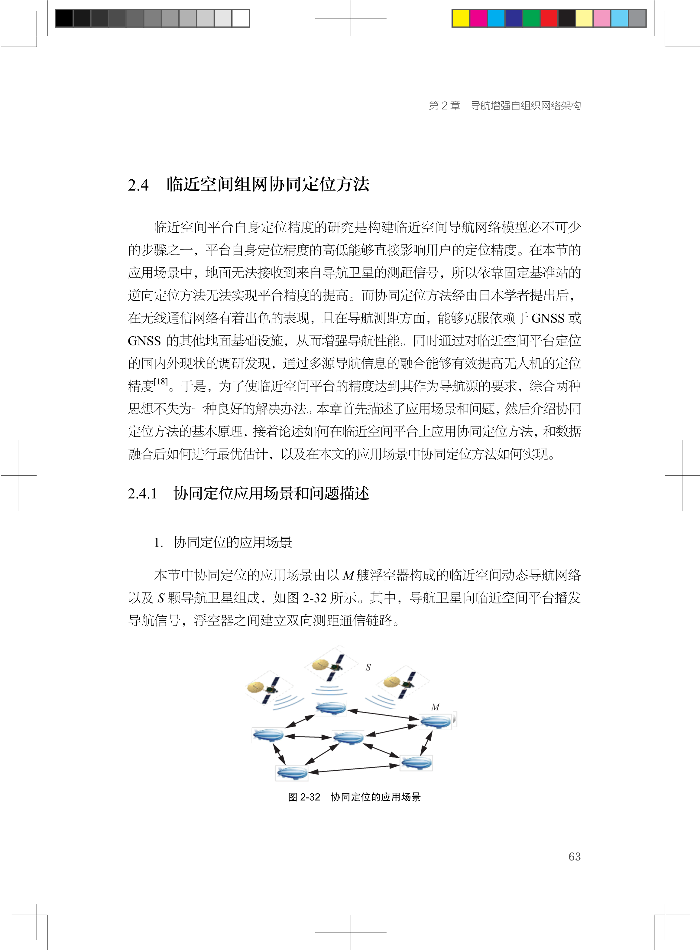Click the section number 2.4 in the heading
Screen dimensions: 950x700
click(x=138, y=185)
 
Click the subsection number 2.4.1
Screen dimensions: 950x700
click(x=142, y=494)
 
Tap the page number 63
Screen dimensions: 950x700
click(x=574, y=856)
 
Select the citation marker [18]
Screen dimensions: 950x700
click(x=161, y=381)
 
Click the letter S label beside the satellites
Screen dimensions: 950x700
click(x=368, y=667)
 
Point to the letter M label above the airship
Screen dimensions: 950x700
click(x=435, y=707)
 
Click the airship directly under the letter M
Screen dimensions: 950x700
click(x=436, y=721)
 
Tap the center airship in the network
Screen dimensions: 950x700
click(x=348, y=738)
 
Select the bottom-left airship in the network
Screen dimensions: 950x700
click(x=292, y=772)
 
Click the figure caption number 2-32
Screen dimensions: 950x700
click(x=310, y=797)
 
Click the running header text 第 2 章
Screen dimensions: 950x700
click(x=444, y=106)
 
